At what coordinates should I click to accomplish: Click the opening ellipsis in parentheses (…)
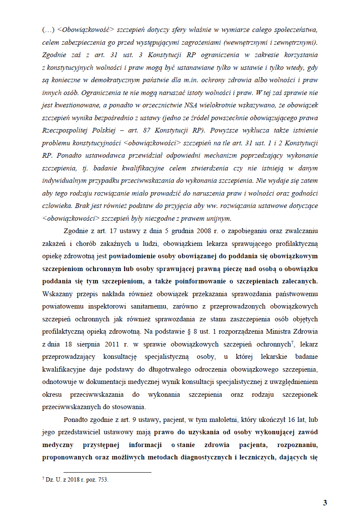47,30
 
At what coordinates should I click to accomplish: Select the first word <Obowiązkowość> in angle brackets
79,30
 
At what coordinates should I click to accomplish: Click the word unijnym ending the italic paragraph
217,219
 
